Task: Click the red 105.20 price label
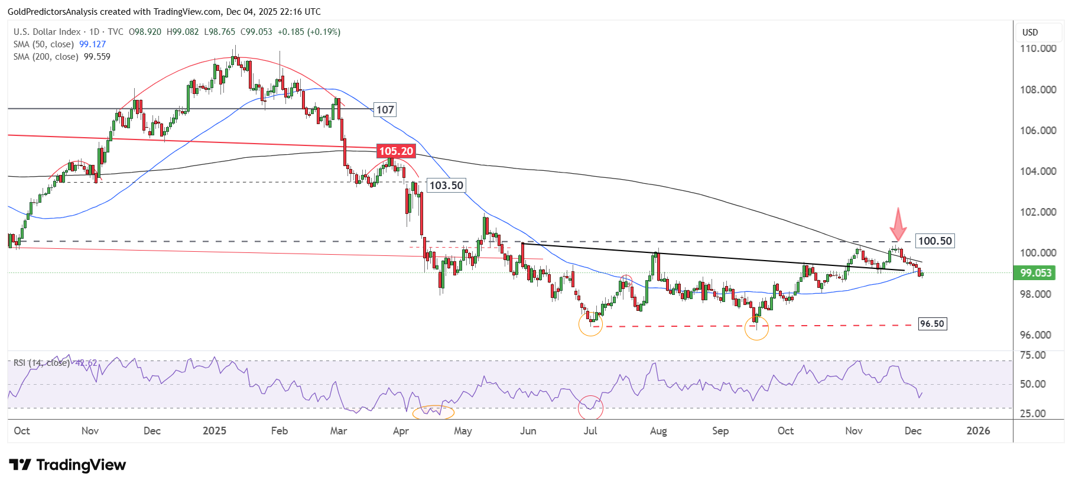coord(396,151)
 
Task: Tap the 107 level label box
coord(385,109)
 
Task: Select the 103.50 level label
coord(446,186)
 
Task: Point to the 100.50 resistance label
coord(935,241)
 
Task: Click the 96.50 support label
coord(932,324)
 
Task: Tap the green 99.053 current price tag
coord(1036,272)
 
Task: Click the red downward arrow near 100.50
coord(898,224)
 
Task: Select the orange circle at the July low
coord(590,324)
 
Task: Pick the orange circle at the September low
coord(756,329)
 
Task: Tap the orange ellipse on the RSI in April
coord(433,412)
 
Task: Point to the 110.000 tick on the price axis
coord(1038,48)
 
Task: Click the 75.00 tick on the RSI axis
coord(1032,355)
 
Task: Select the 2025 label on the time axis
coord(214,431)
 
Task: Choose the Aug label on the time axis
coord(658,431)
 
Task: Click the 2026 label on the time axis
coord(978,431)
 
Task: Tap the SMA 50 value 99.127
coord(92,44)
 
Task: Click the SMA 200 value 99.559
coord(97,57)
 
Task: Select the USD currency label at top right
coord(1030,33)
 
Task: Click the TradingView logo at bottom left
coord(67,465)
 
